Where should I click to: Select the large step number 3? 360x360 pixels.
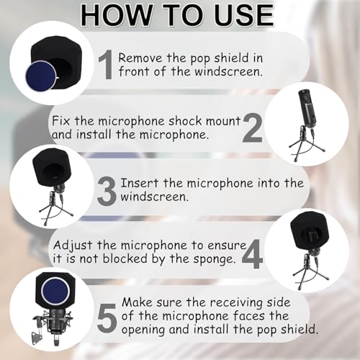click(x=106, y=192)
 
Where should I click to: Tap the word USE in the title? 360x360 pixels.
click(x=238, y=14)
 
